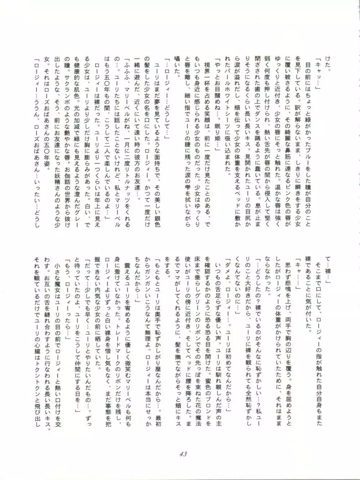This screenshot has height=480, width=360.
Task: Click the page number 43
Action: click(183, 454)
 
